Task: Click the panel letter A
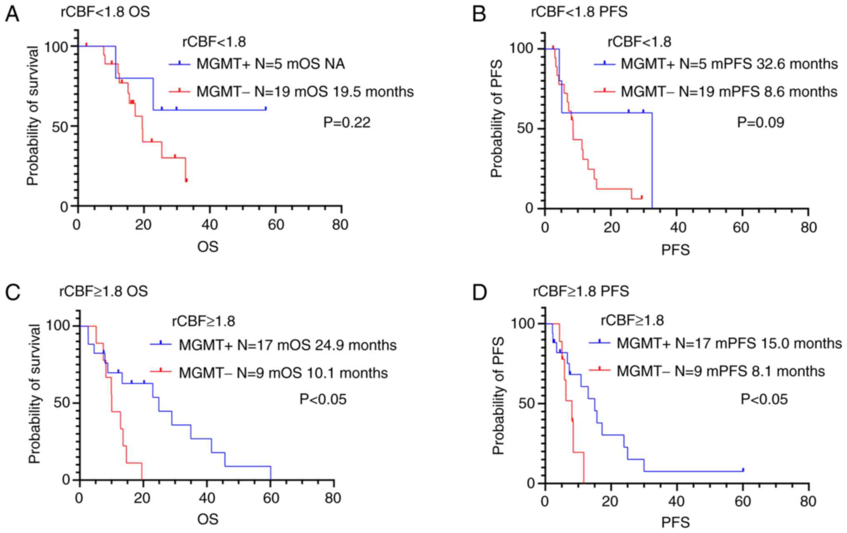tap(13, 14)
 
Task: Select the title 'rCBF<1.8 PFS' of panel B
tap(579, 12)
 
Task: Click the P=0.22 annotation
tap(347, 123)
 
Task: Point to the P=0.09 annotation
tap(761, 123)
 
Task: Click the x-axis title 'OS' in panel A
tap(208, 247)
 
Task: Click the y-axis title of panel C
tap(35, 394)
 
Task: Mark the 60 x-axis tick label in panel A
tap(275, 225)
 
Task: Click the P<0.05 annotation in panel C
tap(323, 399)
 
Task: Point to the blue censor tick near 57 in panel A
tap(266, 108)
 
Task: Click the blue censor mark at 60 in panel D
tap(743, 470)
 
